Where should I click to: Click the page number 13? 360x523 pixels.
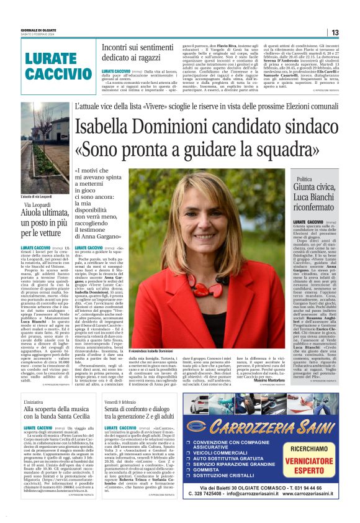334,32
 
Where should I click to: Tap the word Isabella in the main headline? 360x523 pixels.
109,129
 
